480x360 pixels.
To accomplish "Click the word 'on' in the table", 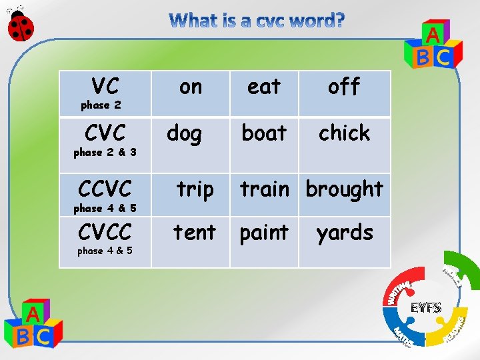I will [191, 87].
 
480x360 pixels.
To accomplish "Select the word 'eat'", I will [264, 87].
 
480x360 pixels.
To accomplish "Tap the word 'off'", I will [344, 87].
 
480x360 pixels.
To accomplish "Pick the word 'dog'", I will [184, 134].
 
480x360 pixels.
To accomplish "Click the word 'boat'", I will [264, 133].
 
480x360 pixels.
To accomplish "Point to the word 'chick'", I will [344, 133].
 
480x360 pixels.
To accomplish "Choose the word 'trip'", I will [195, 190].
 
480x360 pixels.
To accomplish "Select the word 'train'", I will [265, 189].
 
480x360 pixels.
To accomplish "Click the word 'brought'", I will [345, 190].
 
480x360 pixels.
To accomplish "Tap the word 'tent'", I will [195, 233].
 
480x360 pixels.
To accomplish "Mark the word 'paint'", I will [264, 233].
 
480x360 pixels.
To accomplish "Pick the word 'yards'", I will [345, 233].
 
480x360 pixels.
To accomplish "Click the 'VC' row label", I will [105, 86].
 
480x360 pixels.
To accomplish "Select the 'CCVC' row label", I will [105, 189].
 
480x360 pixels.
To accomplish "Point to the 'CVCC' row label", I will [105, 232].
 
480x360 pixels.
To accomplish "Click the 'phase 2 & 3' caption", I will [105, 153].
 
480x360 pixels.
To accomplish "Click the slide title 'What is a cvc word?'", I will [257, 21].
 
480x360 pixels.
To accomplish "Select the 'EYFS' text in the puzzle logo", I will [425, 308].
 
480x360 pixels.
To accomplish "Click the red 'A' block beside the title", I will [433, 35].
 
